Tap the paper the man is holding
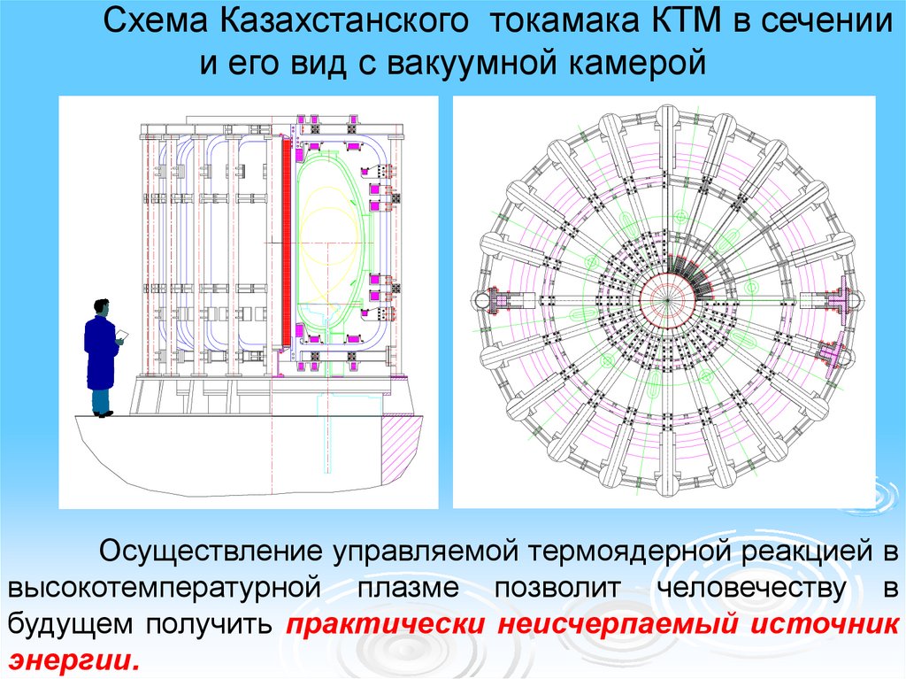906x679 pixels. (122, 335)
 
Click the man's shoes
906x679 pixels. (104, 412)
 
